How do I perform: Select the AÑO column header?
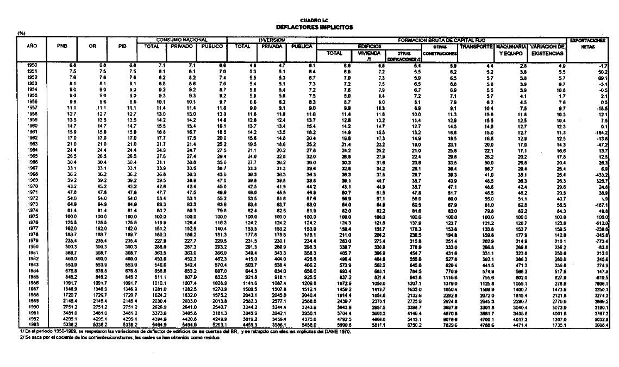pos(32,47)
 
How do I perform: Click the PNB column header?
pos(62,47)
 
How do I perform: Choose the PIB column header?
pos(122,47)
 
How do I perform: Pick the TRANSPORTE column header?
pos(476,47)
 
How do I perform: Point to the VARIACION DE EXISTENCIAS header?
pos(548,50)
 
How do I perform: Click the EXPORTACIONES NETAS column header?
pos(587,43)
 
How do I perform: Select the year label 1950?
pos(32,65)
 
